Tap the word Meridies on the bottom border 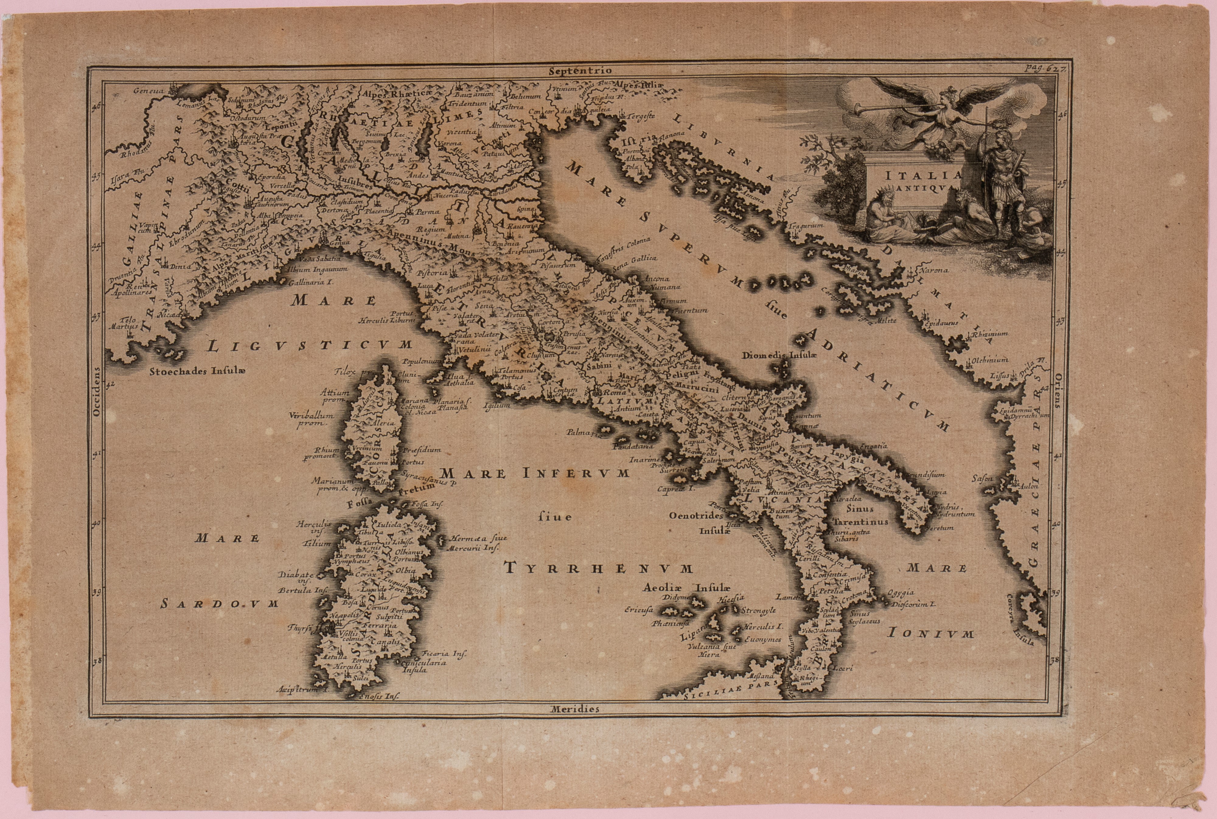(x=574, y=709)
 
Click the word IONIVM (x=931, y=634)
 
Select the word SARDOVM (x=219, y=604)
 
